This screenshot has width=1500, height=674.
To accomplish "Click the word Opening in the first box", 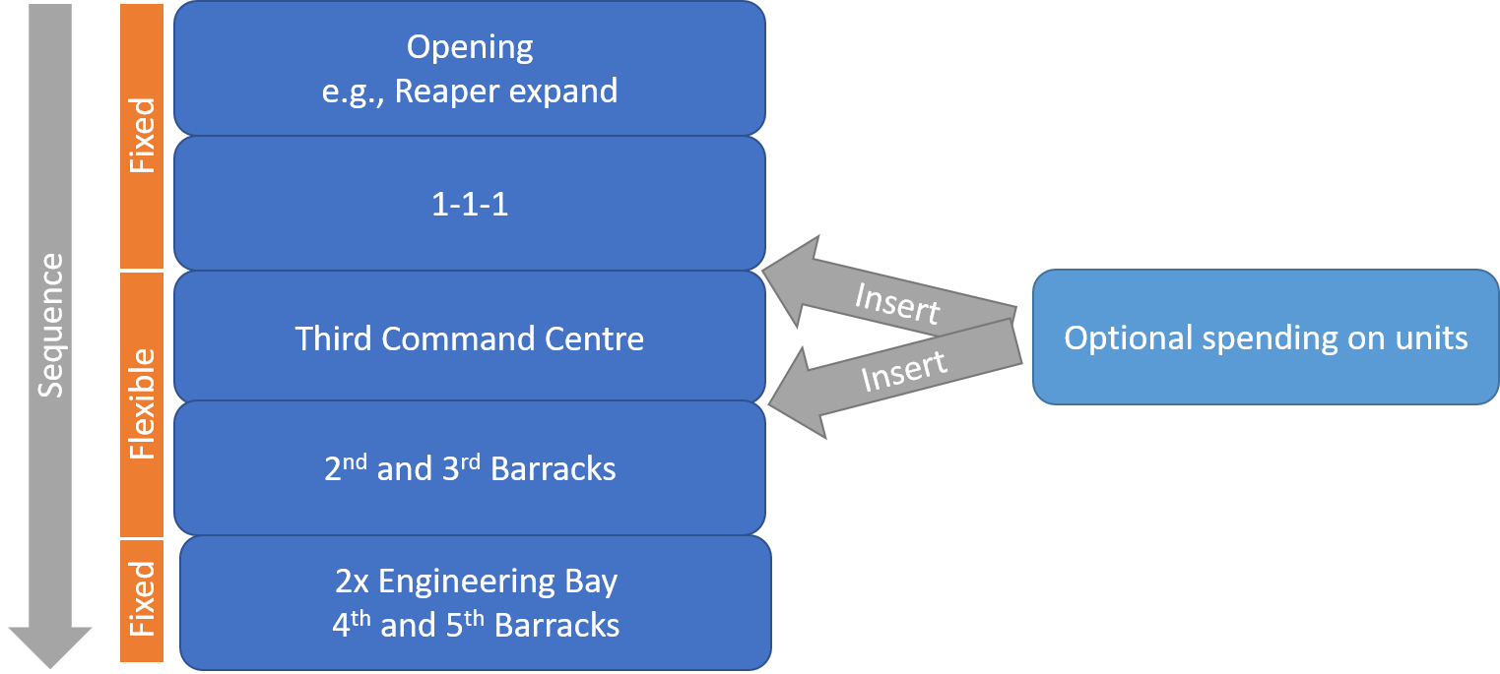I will pos(470,47).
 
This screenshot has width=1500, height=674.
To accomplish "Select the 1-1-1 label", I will pos(470,205).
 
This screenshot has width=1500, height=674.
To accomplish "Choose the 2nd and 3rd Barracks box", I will pos(470,468).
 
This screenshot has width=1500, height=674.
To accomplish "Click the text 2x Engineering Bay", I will pos(476,581).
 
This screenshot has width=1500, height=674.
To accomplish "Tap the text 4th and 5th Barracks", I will pos(476,625).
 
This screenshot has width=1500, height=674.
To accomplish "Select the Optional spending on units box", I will pos(1266,337).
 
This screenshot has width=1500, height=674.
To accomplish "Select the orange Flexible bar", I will pos(142,403).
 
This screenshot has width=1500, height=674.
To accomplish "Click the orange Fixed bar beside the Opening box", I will pos(142,136).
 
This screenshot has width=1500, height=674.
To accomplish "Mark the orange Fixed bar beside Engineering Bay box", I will pos(142,599).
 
